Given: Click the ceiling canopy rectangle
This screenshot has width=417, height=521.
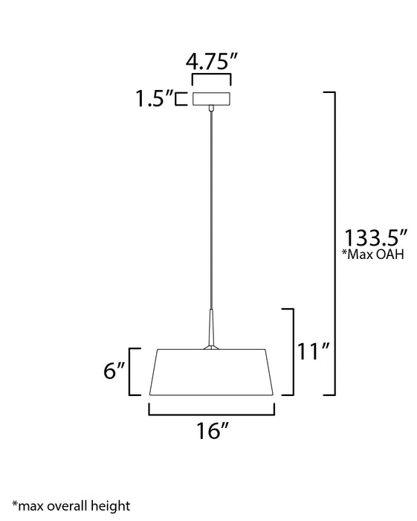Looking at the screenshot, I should tap(211, 98).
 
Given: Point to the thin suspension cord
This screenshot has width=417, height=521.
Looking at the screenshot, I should tap(212, 208).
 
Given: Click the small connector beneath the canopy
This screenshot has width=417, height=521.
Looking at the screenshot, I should tap(212, 110).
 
